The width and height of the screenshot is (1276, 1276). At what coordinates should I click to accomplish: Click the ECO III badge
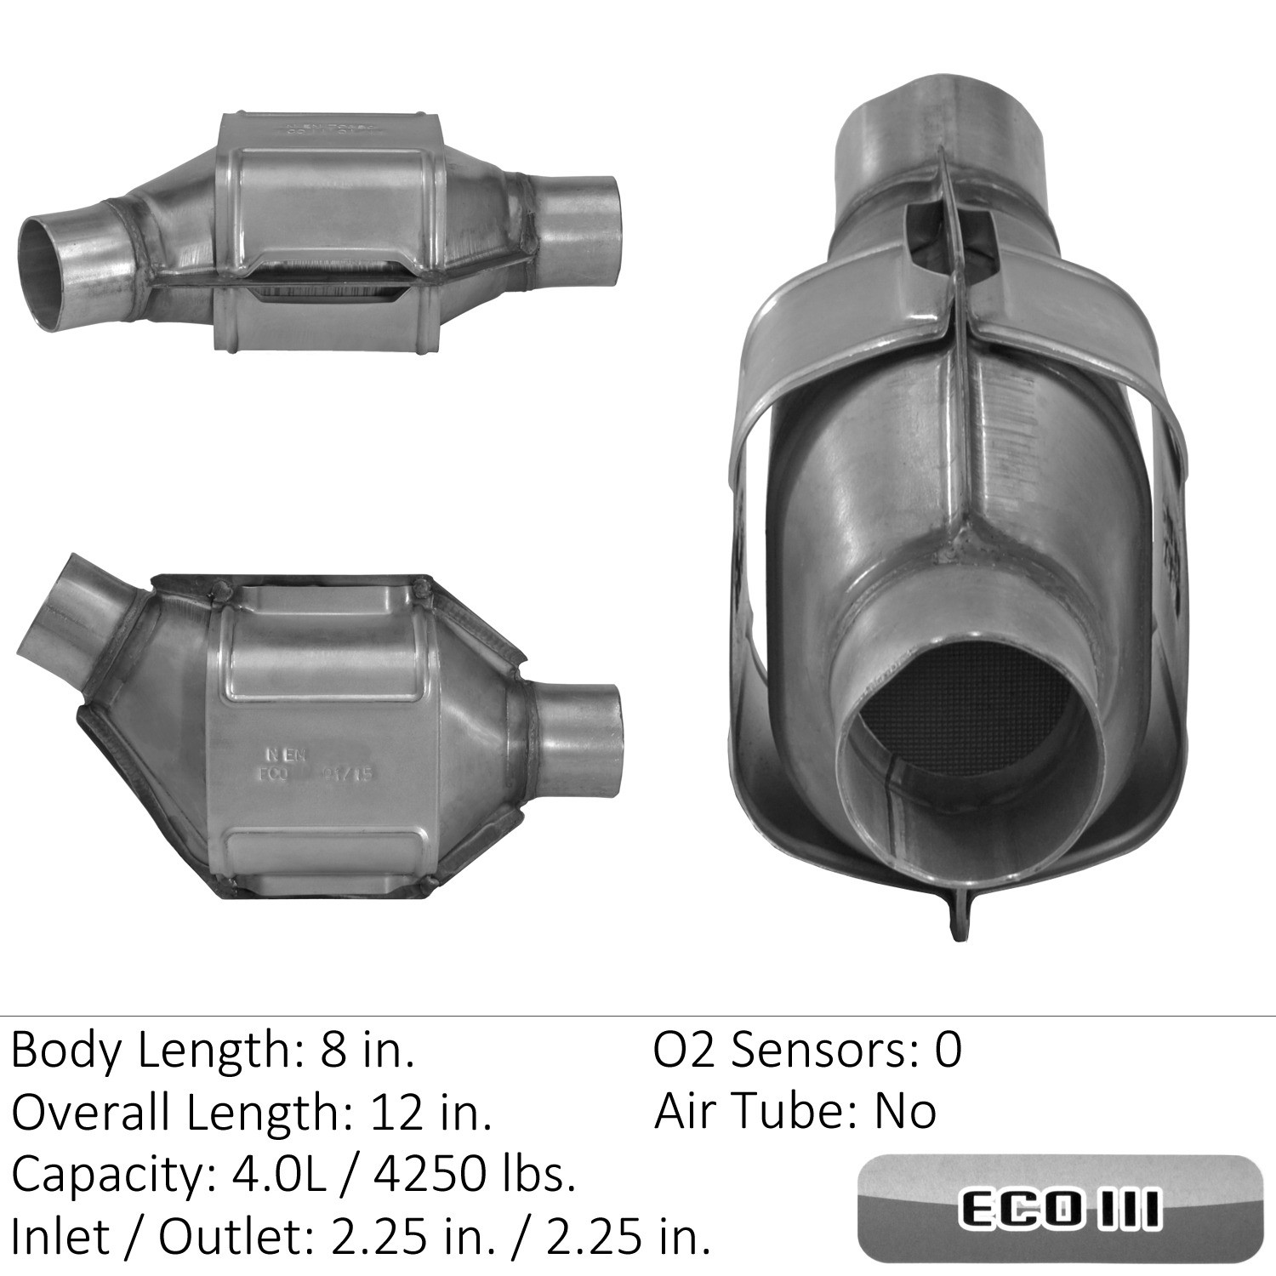click(x=1060, y=1208)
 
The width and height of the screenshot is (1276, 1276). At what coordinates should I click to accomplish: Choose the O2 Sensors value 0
click(x=948, y=1051)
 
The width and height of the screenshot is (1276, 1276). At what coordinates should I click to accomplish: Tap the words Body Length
click(x=148, y=1051)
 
